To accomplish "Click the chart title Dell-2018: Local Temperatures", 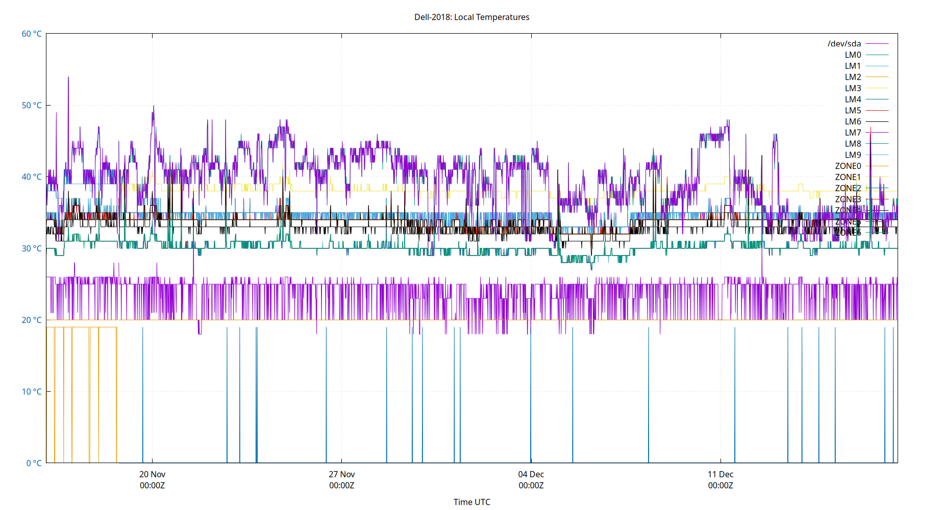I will pyautogui.click(x=471, y=17).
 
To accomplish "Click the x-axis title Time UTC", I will pyautogui.click(x=471, y=502).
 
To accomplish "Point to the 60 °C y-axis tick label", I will pyautogui.click(x=32, y=34).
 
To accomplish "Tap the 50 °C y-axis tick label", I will pyautogui.click(x=32, y=105).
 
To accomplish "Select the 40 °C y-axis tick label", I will pyautogui.click(x=32, y=176).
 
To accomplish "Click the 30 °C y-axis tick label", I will pyautogui.click(x=32, y=248).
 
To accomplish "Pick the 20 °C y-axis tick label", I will pyautogui.click(x=32, y=320).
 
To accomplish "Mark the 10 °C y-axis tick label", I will pyautogui.click(x=32, y=391).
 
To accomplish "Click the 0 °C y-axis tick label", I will pyautogui.click(x=34, y=463).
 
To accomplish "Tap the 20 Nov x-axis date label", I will pyautogui.click(x=152, y=474).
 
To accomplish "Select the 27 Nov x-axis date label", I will pyautogui.click(x=341, y=474).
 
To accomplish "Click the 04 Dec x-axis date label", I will pyautogui.click(x=531, y=474).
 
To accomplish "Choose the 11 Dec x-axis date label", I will pyautogui.click(x=721, y=474).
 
